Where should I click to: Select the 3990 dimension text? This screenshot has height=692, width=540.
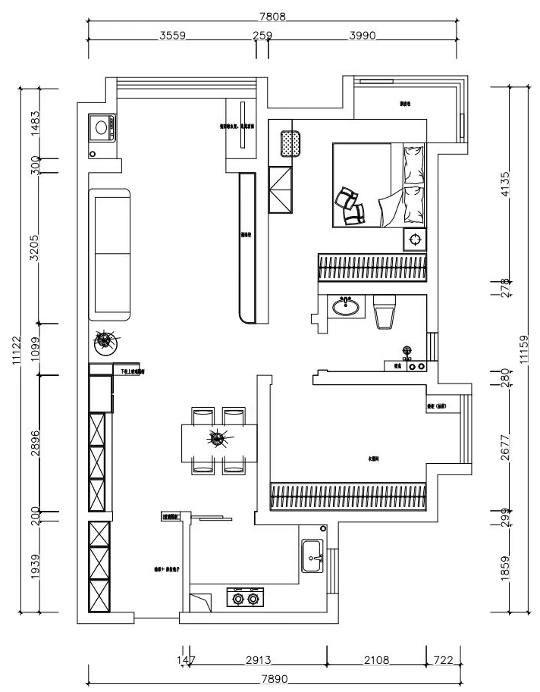coord(363,35)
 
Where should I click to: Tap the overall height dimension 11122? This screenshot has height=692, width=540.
coord(16,349)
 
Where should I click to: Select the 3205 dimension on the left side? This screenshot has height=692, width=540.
coord(34,247)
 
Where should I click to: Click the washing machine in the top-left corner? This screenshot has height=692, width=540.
coord(102,127)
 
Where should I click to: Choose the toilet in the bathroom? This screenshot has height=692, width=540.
coord(385,312)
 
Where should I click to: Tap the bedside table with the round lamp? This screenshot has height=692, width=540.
coord(414,240)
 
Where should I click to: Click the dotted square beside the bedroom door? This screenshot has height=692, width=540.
coord(290,143)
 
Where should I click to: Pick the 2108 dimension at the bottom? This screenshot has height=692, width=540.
coord(375,661)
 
